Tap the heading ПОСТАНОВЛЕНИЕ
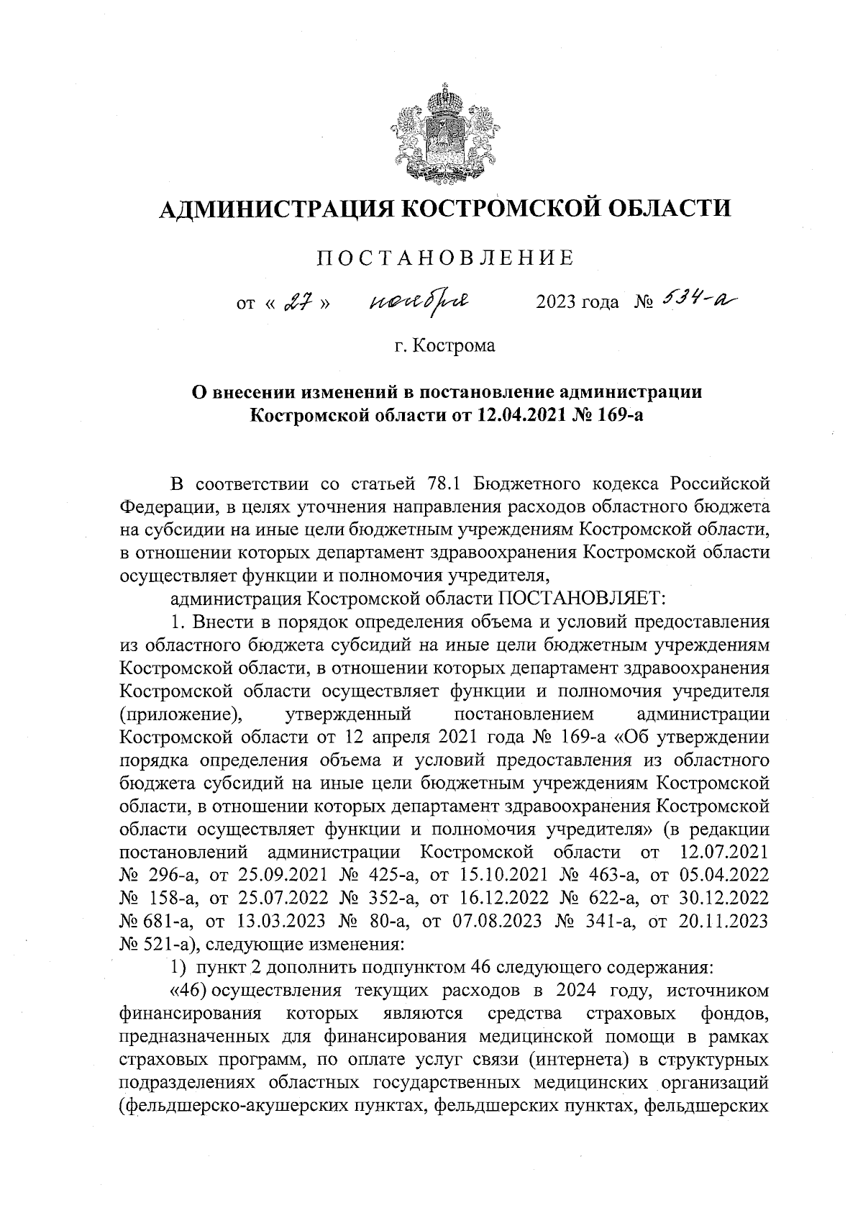click(x=446, y=258)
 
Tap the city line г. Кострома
click(x=445, y=345)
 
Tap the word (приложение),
click(x=180, y=714)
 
